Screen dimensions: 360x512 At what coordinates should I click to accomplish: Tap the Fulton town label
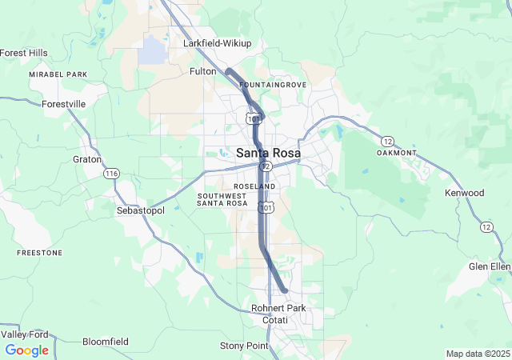click(x=202, y=71)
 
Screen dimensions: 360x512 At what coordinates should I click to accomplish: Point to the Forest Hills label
click(x=24, y=53)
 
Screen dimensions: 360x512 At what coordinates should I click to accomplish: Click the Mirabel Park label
click(x=58, y=74)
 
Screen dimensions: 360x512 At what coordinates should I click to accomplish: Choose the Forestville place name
click(x=63, y=104)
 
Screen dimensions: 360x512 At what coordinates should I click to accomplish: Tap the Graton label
click(x=87, y=159)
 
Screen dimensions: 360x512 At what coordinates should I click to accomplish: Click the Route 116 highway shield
click(x=111, y=174)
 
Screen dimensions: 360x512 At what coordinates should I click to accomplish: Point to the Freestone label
click(x=39, y=253)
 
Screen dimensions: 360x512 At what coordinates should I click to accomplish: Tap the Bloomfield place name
click(x=105, y=342)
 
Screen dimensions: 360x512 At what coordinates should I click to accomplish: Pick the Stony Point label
click(x=244, y=346)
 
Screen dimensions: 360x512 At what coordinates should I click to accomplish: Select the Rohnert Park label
click(x=278, y=308)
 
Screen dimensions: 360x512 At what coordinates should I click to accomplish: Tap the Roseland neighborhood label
click(x=256, y=186)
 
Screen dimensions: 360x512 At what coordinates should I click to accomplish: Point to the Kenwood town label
click(x=464, y=193)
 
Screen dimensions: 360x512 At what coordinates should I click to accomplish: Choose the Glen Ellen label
click(x=489, y=266)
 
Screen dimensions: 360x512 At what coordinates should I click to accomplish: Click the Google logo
click(x=26, y=350)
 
